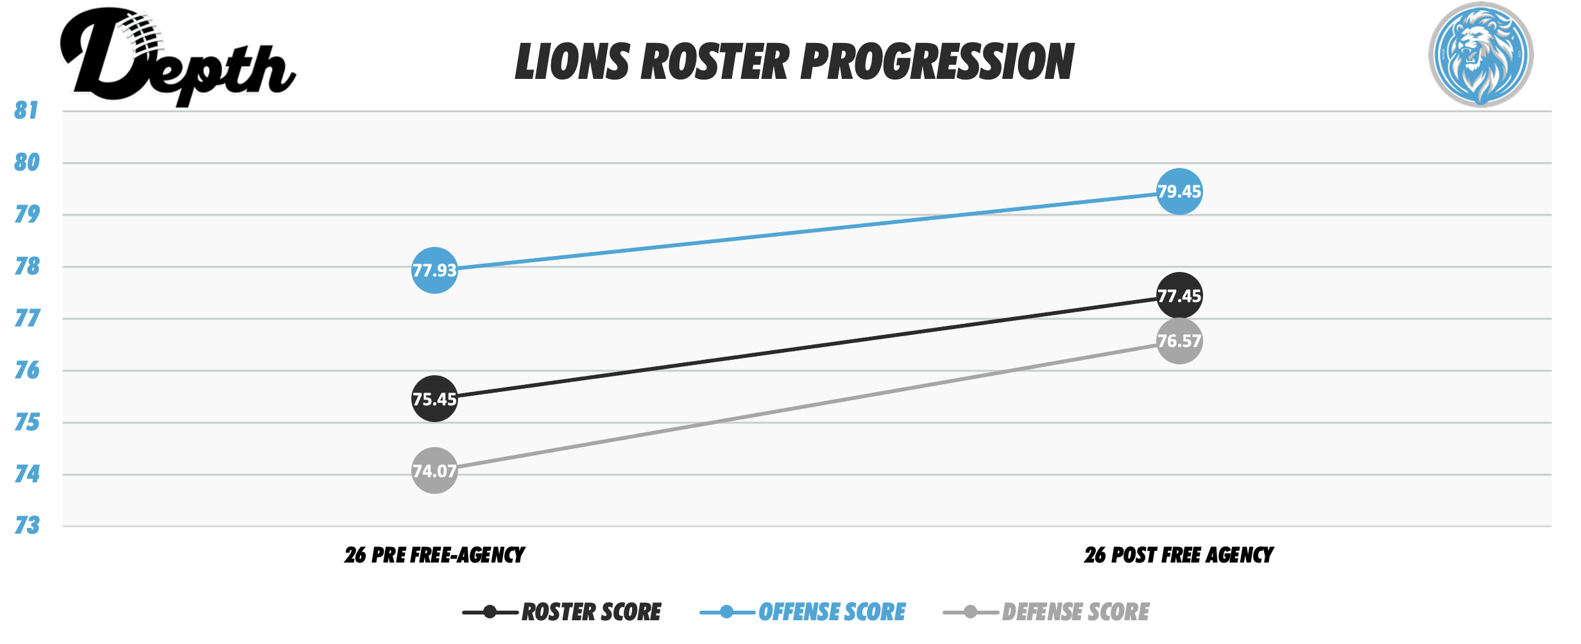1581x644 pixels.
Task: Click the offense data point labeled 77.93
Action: click(x=434, y=270)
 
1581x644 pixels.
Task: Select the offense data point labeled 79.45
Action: click(x=1179, y=192)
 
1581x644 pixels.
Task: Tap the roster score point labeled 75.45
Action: click(x=434, y=399)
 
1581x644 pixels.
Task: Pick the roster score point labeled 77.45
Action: click(x=1179, y=296)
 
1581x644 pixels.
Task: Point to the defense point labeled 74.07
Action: click(x=434, y=471)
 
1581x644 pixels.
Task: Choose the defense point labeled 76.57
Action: click(x=1179, y=341)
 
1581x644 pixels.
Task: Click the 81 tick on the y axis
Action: click(x=26, y=110)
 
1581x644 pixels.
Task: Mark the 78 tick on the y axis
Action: click(x=27, y=266)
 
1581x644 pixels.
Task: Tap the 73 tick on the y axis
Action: click(x=27, y=526)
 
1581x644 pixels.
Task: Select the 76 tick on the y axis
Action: click(x=27, y=370)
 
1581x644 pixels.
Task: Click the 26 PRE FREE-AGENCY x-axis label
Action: click(x=434, y=555)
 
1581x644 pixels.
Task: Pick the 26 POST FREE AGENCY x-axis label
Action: click(x=1179, y=555)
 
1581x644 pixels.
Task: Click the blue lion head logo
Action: click(x=1480, y=55)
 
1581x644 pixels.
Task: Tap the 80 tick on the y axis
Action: click(x=27, y=162)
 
